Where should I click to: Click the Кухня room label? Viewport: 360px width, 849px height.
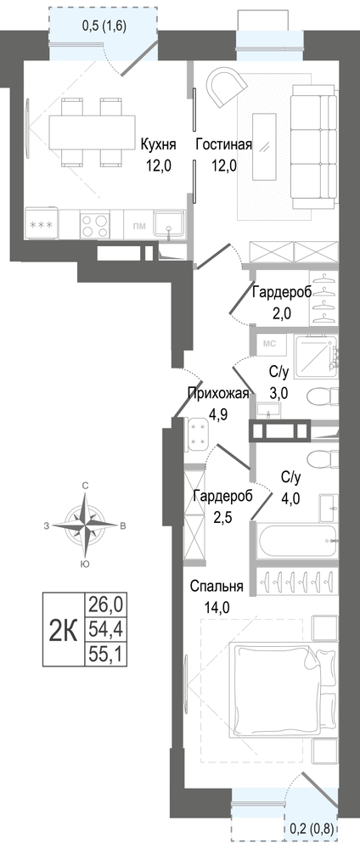(158, 145)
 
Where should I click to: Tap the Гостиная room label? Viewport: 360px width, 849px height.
(223, 145)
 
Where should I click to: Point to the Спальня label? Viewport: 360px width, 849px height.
(217, 587)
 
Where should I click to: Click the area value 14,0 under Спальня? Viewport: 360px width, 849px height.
(217, 607)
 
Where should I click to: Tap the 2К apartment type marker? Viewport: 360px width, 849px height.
(63, 630)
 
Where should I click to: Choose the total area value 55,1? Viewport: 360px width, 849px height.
(105, 655)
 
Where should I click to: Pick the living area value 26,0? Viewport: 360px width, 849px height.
(105, 603)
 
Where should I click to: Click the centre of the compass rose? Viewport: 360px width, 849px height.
(85, 524)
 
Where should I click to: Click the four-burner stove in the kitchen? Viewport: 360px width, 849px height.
(95, 224)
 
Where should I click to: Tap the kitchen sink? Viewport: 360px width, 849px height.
(169, 223)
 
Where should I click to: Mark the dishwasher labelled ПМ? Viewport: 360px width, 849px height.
(138, 224)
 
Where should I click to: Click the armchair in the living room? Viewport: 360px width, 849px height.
(227, 86)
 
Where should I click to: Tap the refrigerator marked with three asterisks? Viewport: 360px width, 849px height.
(41, 224)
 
